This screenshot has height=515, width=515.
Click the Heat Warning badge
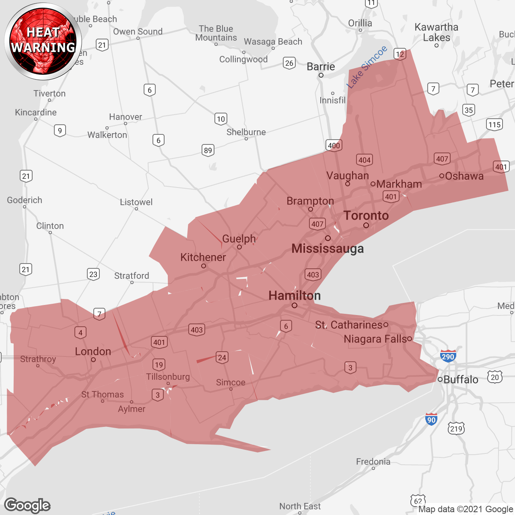click(x=43, y=41)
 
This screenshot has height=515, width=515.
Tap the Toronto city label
click(x=366, y=216)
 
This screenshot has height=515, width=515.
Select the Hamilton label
click(x=295, y=296)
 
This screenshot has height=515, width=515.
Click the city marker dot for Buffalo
click(x=440, y=379)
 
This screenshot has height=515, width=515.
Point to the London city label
click(x=93, y=351)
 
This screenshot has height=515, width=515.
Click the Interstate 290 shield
click(x=448, y=356)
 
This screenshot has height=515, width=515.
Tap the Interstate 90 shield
click(x=431, y=419)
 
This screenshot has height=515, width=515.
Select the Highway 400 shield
click(x=334, y=145)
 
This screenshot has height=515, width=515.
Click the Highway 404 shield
click(x=365, y=160)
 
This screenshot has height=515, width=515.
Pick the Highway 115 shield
click(x=494, y=124)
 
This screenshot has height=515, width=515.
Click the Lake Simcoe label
click(x=367, y=67)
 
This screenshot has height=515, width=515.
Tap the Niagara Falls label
click(x=376, y=339)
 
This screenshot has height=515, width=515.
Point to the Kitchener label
click(x=203, y=257)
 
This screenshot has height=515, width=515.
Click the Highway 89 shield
click(x=208, y=150)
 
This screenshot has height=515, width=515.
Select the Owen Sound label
click(x=138, y=31)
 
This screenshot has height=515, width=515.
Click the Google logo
click(x=27, y=505)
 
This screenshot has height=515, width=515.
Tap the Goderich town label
click(x=25, y=200)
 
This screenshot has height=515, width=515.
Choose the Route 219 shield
click(x=456, y=428)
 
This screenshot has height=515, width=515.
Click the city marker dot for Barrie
click(x=321, y=75)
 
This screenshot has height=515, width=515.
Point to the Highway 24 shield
click(x=222, y=357)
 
